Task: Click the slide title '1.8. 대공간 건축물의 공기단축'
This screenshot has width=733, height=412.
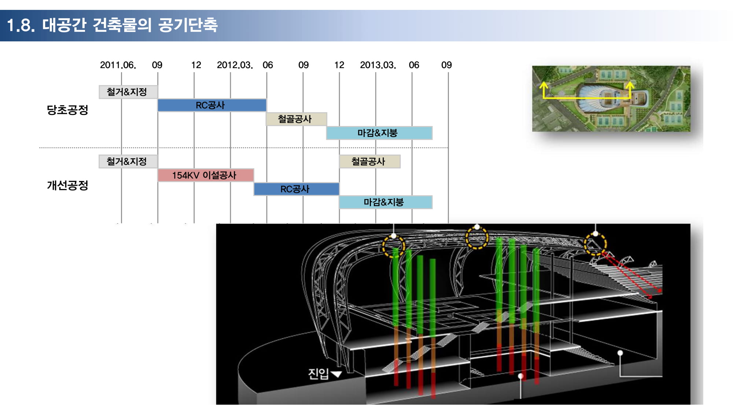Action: point(112,25)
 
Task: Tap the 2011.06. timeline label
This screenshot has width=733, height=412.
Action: point(118,65)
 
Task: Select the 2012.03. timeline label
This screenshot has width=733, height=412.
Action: point(235,65)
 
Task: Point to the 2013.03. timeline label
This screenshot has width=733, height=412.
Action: point(378,65)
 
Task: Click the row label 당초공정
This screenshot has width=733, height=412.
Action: point(67,110)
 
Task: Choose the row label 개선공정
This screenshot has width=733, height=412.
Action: point(67,185)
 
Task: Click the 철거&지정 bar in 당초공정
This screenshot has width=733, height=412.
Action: point(128,92)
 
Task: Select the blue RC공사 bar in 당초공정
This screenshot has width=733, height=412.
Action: point(212,105)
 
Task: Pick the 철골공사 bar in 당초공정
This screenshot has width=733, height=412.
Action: point(296,119)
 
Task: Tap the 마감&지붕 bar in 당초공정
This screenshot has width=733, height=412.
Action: point(379,133)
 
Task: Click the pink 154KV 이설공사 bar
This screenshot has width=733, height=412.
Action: point(206,175)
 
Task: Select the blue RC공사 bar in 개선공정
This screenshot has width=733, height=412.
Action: point(296,189)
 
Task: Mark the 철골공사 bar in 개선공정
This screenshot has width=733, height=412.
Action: point(370,162)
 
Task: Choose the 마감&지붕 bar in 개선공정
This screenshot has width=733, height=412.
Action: point(386,202)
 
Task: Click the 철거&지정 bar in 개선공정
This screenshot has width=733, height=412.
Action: point(128,162)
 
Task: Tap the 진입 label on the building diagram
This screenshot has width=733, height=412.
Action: point(318,374)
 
